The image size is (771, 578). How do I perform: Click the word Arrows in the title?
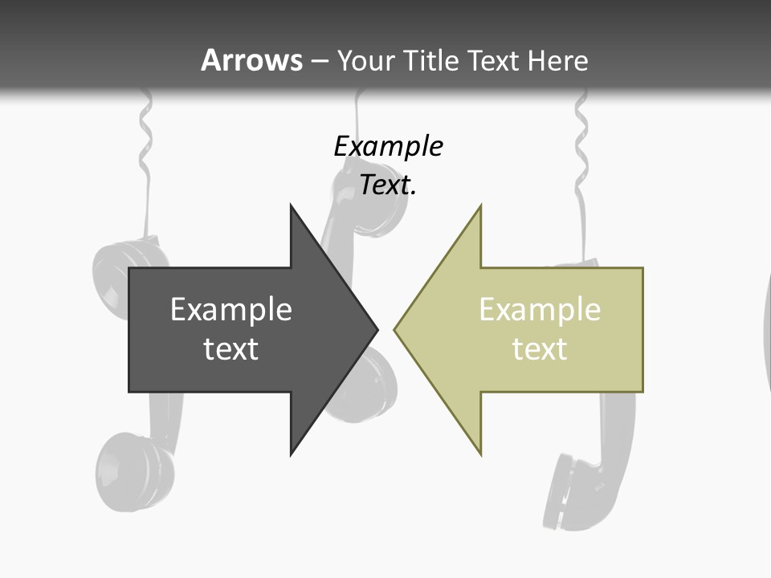coord(251,60)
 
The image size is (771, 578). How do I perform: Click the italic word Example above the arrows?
coord(388,147)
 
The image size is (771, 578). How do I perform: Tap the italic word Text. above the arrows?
coord(388,185)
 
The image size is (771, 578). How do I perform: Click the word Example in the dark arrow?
coord(231,310)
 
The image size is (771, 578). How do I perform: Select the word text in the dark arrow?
coord(231,349)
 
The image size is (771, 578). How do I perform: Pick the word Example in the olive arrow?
coord(540,310)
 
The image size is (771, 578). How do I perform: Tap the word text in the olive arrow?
coord(540,349)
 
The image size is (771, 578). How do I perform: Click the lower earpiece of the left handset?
coord(133,474)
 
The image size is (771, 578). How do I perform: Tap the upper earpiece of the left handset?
coord(120,265)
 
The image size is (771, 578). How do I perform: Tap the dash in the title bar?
coord(320,61)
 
